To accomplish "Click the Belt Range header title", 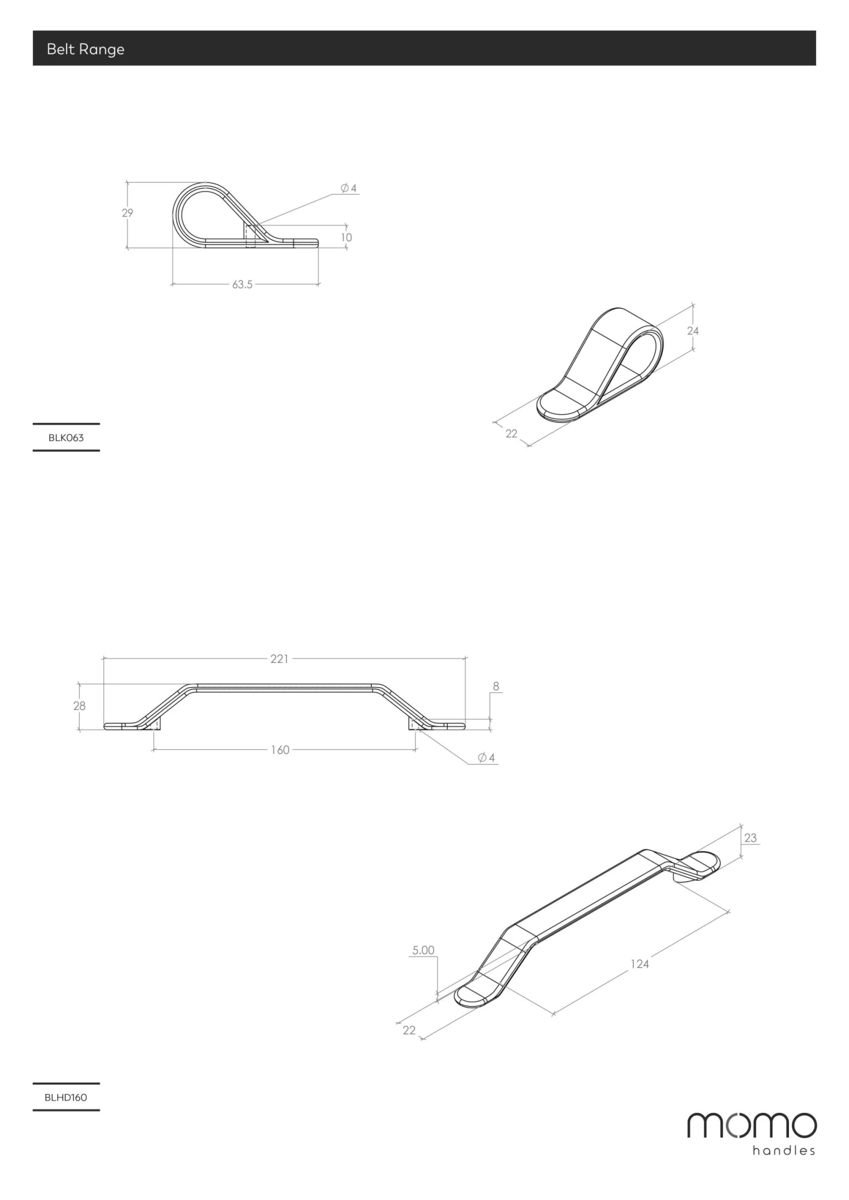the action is (85, 49).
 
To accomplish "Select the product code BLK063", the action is (66, 438).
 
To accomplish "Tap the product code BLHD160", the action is (66, 1097).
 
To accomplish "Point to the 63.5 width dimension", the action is (242, 284).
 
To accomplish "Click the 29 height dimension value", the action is (127, 213).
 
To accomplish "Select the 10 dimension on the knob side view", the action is (346, 237).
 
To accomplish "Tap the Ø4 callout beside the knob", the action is (349, 188).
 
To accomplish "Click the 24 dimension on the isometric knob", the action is (693, 331).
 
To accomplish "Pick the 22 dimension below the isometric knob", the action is (511, 434).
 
